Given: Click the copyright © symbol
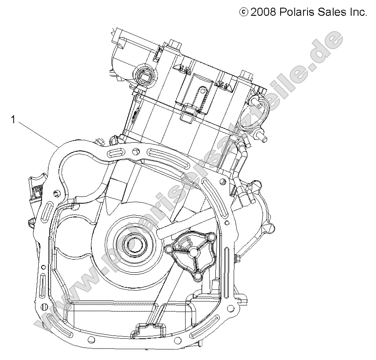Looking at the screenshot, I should pyautogui.click(x=243, y=13).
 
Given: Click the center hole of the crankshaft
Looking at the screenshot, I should pyautogui.click(x=132, y=244).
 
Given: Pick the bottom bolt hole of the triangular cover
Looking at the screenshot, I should pyautogui.click(x=197, y=277).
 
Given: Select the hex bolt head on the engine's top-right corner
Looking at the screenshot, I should pyautogui.click(x=245, y=75).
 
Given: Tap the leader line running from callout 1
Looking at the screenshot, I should pyautogui.click(x=37, y=133).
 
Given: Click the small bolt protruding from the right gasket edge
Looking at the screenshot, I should pyautogui.click(x=237, y=258).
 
